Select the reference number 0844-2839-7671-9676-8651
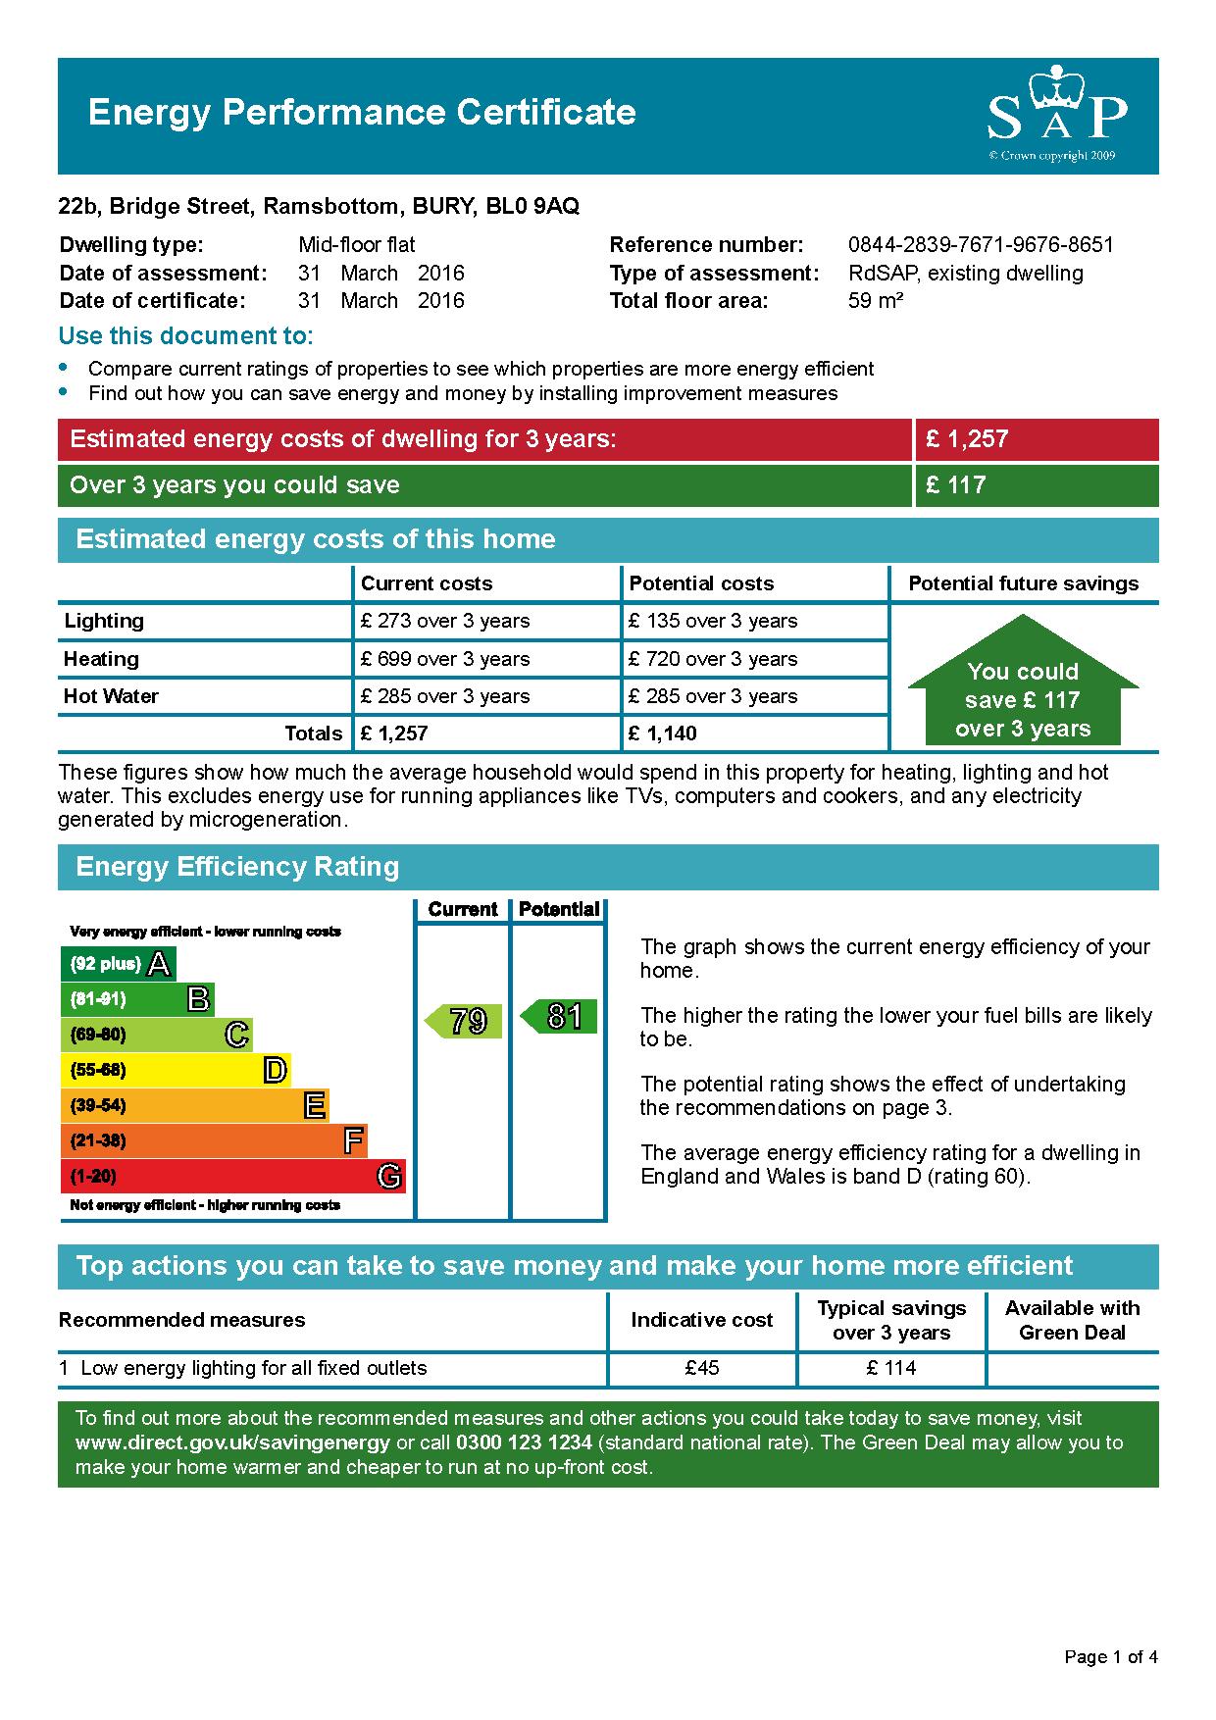tap(981, 245)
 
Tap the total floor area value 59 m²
tap(875, 301)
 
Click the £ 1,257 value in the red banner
tap(967, 439)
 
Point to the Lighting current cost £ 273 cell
tap(445, 621)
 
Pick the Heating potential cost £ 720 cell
tap(713, 659)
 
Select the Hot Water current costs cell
tap(445, 696)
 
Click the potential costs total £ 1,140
tap(663, 734)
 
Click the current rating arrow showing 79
tap(464, 1021)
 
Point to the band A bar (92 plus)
tap(118, 964)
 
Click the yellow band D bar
tap(176, 1070)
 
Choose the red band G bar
tap(232, 1176)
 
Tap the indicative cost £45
tap(702, 1368)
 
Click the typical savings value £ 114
tap(891, 1368)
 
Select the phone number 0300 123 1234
tap(524, 1442)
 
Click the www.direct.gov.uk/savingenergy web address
tap(232, 1442)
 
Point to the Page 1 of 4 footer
tap(1111, 1657)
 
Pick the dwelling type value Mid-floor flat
tap(357, 245)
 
